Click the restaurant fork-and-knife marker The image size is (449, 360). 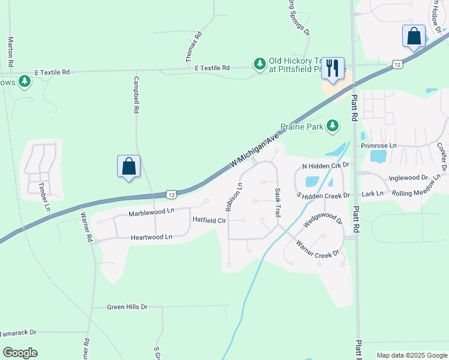333,68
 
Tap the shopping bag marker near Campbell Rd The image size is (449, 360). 128,166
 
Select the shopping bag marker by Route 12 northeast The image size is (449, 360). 414,36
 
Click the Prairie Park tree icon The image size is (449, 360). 332,126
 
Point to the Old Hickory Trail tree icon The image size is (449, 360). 259,64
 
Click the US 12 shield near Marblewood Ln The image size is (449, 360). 172,194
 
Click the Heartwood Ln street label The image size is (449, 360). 152,237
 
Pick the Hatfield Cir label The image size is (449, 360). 209,220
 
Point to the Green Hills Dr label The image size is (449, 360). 127,307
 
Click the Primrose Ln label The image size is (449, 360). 379,146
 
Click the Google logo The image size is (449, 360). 20,353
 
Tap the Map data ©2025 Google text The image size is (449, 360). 411,355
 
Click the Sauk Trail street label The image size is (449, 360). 279,202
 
